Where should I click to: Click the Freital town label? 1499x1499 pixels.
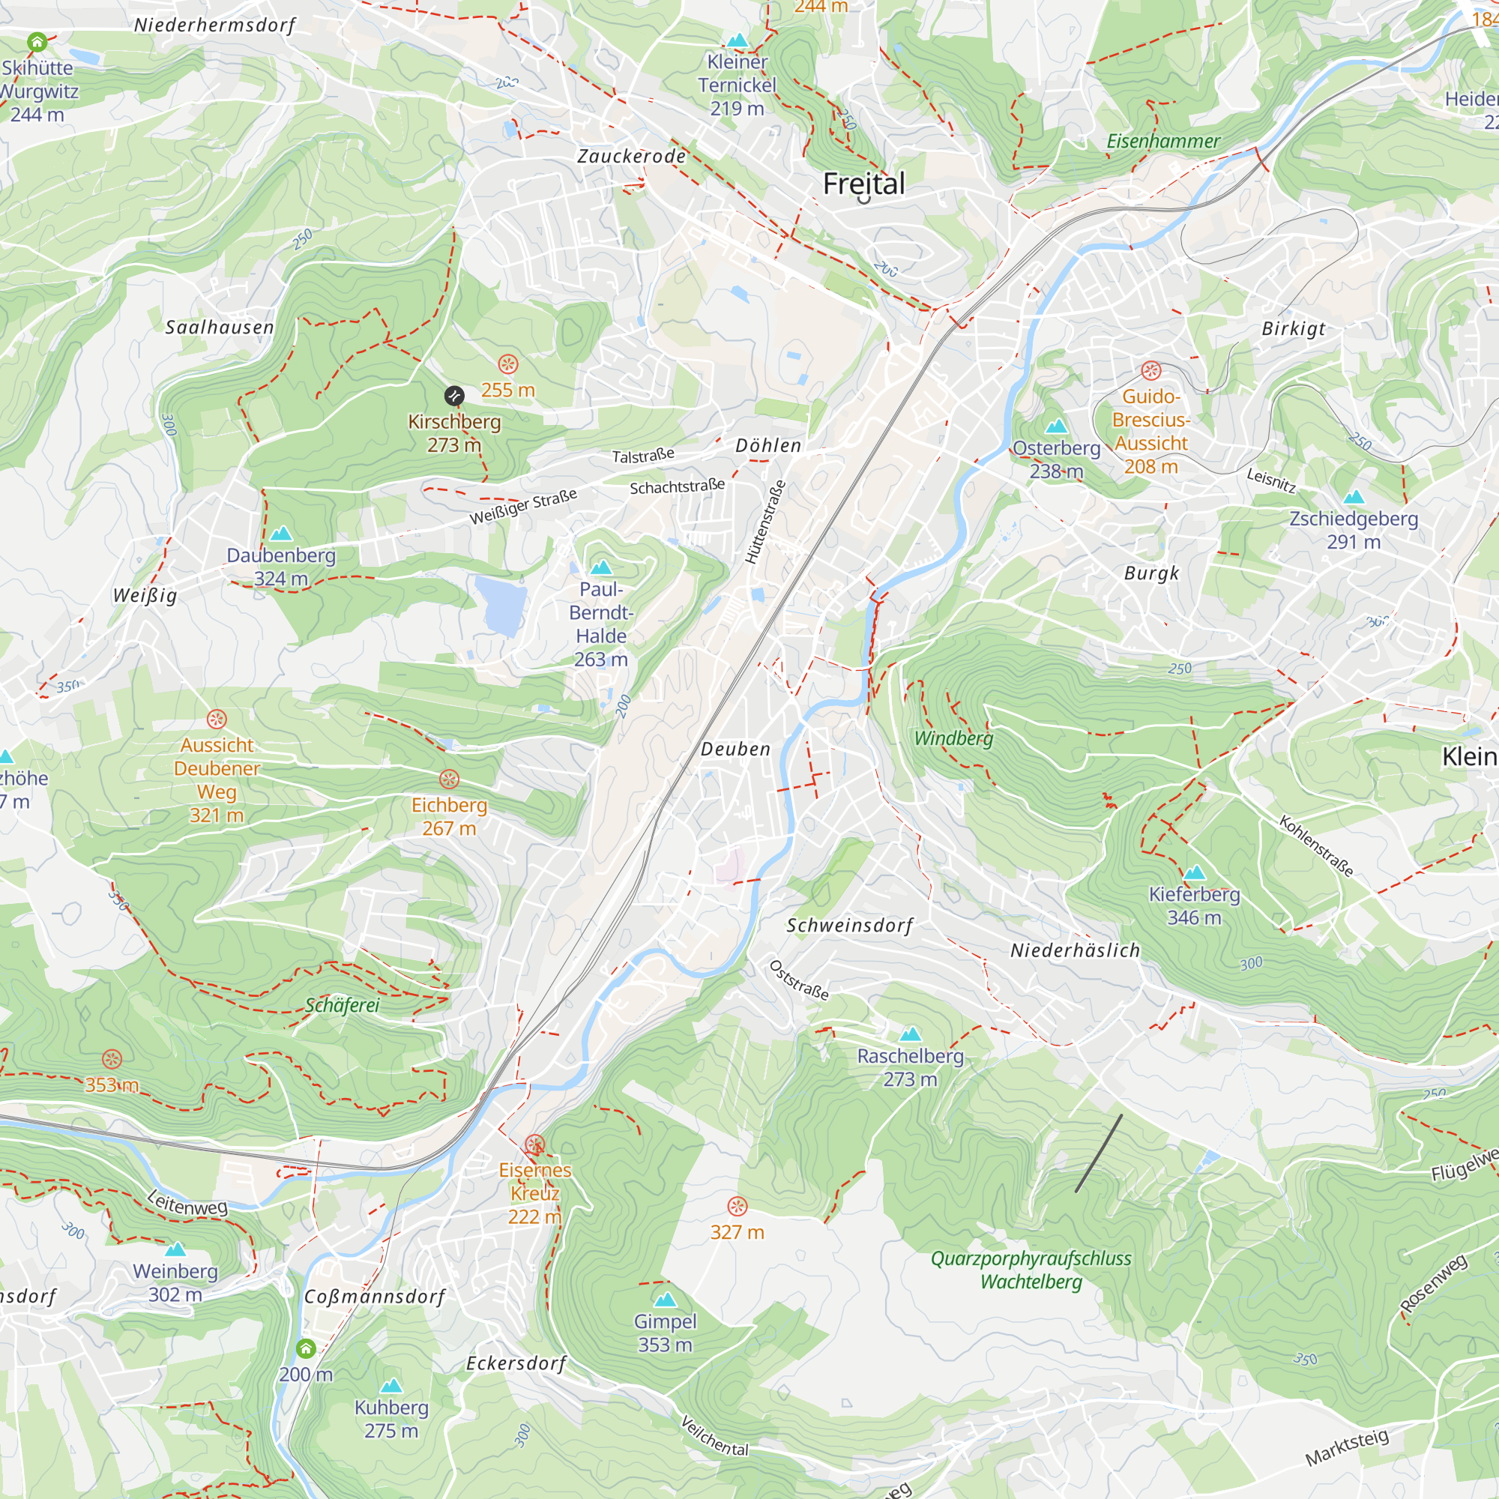[863, 184]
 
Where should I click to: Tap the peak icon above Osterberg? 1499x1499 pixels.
[1056, 426]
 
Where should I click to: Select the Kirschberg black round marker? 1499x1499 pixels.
[454, 396]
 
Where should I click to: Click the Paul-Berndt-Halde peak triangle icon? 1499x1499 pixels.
[600, 567]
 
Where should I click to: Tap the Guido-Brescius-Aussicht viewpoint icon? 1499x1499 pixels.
[1150, 371]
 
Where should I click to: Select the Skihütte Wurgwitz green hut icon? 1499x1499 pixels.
[37, 42]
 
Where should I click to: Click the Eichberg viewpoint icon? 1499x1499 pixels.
[449, 779]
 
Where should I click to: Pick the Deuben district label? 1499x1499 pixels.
[735, 749]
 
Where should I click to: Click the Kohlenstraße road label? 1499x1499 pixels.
[1316, 845]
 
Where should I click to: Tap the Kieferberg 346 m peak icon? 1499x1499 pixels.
[1194, 872]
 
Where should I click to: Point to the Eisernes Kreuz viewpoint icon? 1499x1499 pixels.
[534, 1144]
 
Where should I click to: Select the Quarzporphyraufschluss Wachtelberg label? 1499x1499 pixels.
[1031, 1270]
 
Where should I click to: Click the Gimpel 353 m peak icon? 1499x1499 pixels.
[665, 1300]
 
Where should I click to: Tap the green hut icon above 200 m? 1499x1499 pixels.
[306, 1349]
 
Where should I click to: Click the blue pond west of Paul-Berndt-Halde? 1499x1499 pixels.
[500, 604]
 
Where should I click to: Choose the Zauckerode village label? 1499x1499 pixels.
[632, 157]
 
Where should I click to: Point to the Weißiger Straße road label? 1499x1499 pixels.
[523, 507]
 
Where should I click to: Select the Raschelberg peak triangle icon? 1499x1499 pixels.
[910, 1034]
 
